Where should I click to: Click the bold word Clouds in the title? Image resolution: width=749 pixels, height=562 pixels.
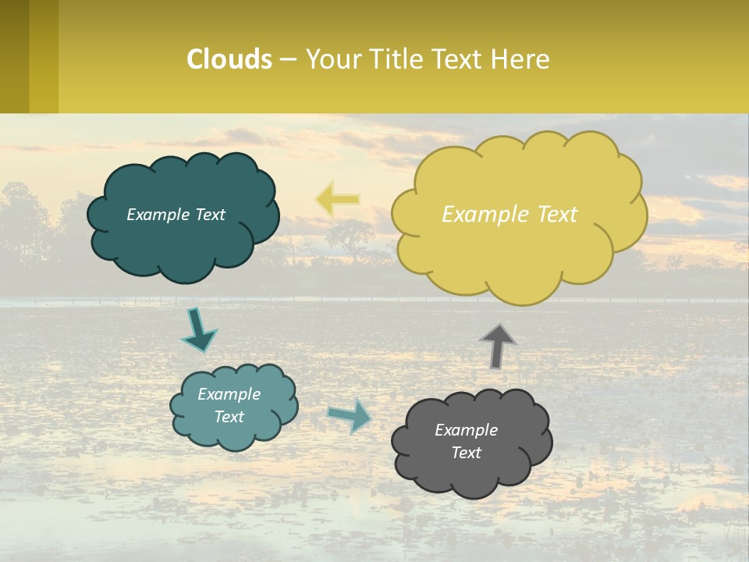click(x=229, y=59)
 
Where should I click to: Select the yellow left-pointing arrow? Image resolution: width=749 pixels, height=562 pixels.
click(x=337, y=199)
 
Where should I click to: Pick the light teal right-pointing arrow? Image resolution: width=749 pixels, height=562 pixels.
click(x=350, y=415)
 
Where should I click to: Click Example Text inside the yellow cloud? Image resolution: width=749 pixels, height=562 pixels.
click(x=509, y=215)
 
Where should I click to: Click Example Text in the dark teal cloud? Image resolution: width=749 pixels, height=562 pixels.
click(x=176, y=215)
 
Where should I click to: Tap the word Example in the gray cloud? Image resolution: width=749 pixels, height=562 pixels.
click(x=466, y=430)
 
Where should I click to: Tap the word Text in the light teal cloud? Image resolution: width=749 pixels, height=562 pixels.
click(x=229, y=417)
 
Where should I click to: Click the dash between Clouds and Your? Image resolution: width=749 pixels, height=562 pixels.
click(x=288, y=60)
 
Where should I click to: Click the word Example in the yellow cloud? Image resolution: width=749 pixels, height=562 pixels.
click(x=479, y=215)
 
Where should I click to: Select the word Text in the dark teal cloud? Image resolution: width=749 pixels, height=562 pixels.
click(x=209, y=215)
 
